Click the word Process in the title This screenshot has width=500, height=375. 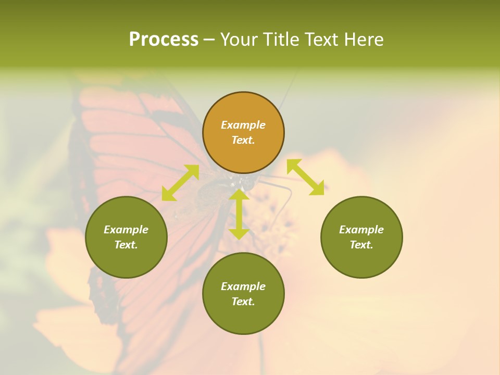pos(164,40)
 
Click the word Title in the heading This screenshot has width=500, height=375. pos(280,40)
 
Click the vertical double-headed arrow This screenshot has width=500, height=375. pos(239,214)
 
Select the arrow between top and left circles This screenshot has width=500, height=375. pos(180,183)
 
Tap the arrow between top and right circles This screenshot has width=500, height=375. pos(305,177)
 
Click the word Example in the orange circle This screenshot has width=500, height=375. pos(243,125)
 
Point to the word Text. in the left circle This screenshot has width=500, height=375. pos(126,245)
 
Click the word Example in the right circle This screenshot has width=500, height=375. pos(361,230)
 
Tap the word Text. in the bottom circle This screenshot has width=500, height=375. pos(243,302)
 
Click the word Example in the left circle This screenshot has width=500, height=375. pos(126,230)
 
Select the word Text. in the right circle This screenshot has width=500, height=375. pos(361,245)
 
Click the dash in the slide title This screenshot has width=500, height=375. pos(209,40)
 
